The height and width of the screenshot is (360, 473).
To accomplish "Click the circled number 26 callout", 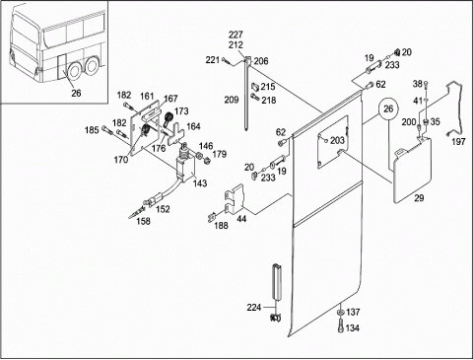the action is click(388, 108).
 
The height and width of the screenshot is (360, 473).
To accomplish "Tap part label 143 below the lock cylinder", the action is click(200, 183).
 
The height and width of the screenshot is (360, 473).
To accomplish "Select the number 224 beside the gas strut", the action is click(254, 308).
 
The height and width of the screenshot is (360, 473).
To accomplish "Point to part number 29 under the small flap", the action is click(419, 198).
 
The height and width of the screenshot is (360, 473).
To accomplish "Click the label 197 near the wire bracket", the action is click(458, 142).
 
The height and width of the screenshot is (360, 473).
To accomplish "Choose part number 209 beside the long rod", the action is click(232, 100).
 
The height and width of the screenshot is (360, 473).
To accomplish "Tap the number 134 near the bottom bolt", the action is click(352, 327).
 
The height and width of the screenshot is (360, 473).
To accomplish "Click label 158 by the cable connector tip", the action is click(143, 221).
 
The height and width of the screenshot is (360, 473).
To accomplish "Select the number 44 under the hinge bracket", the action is click(241, 218).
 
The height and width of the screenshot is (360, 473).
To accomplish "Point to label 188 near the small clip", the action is click(221, 225).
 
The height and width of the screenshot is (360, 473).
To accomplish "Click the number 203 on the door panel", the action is click(337, 140).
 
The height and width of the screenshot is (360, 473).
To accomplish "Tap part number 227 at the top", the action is click(236, 35).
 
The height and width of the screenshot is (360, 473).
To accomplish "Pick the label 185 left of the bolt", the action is click(92, 130).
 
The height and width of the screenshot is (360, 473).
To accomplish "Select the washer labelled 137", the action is click(340, 312).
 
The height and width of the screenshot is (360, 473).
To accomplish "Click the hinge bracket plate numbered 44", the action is click(236, 198).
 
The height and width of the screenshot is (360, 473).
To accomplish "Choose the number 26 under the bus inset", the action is click(76, 93).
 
